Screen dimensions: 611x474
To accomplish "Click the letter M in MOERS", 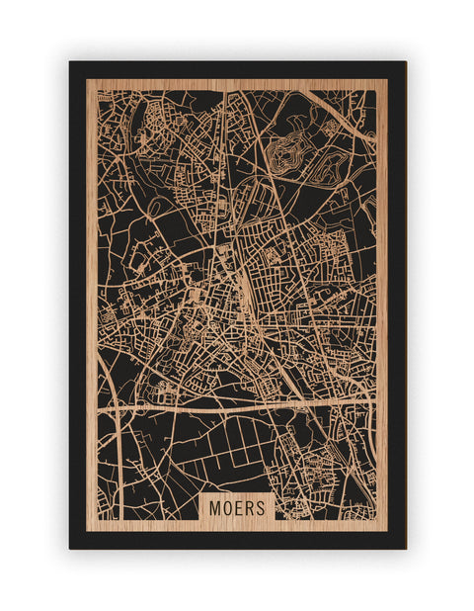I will [215, 507].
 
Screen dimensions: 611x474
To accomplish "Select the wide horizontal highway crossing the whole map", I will [237, 405].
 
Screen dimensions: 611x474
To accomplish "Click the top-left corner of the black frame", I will [71, 63].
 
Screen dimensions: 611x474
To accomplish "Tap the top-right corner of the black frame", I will [404, 63].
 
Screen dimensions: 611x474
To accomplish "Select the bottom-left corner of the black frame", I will [71, 547].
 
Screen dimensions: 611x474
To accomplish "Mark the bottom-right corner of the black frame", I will [404, 547].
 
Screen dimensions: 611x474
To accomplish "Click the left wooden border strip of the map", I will [91, 297].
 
